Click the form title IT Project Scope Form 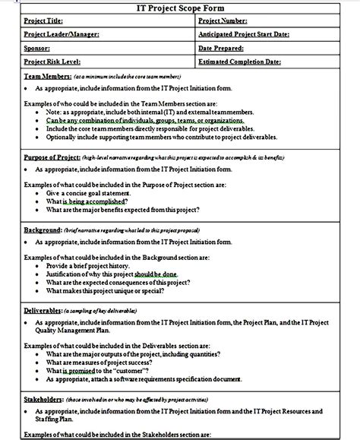[180, 8]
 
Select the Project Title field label [44, 22]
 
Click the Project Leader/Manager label [61, 35]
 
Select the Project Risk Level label [52, 61]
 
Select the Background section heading [43, 229]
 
